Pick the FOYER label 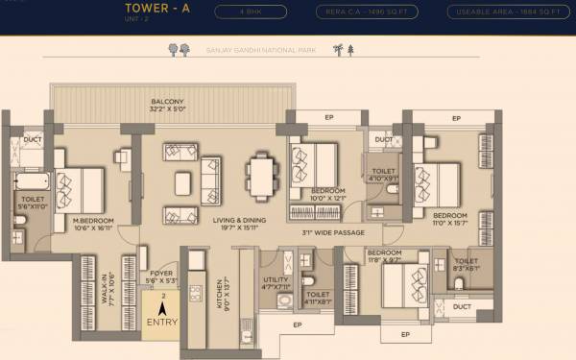(x=161, y=276)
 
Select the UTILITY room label (x=276, y=281)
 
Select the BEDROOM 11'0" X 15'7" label (x=449, y=220)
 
